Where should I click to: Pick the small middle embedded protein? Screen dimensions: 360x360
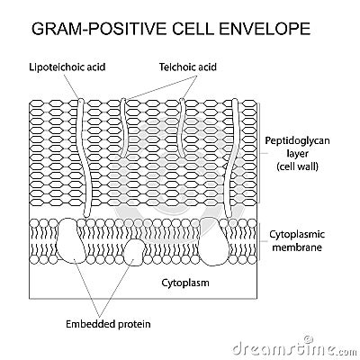pyautogui.click(x=133, y=251)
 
